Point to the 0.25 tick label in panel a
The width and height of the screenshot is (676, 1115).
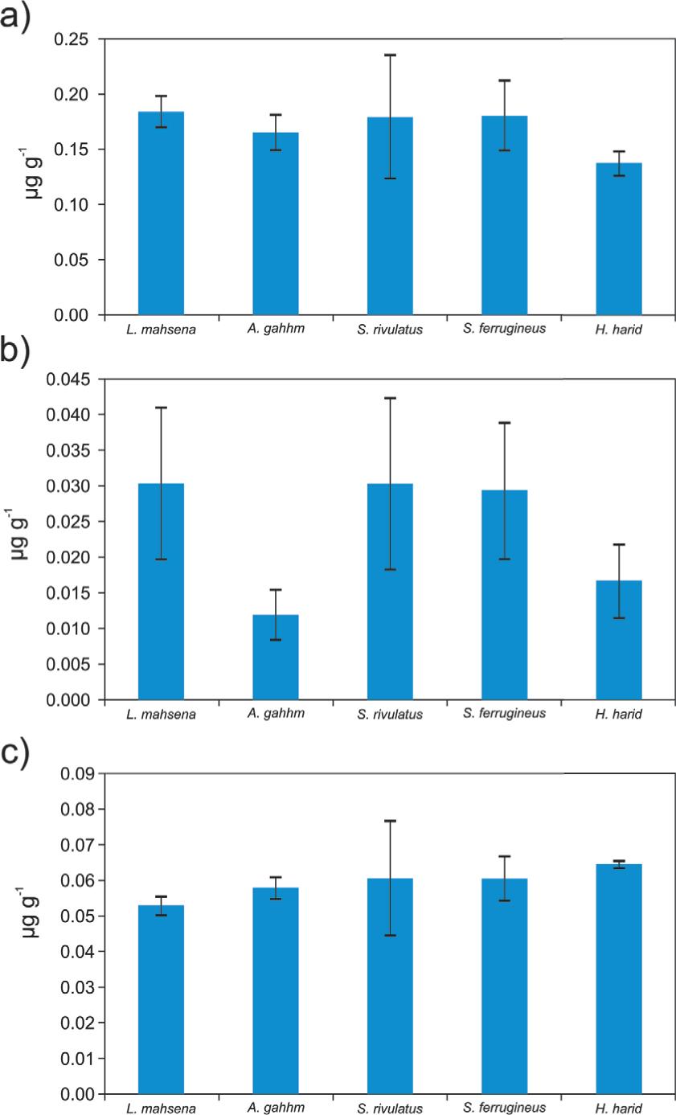[71, 39]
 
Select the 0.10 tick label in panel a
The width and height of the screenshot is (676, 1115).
[71, 205]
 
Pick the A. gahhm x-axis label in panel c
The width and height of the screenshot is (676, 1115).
[276, 1108]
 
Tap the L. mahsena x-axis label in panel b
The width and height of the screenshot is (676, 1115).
[162, 713]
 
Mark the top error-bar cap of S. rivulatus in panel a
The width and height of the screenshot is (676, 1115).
[390, 55]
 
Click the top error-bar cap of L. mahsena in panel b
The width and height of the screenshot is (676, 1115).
[161, 408]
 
